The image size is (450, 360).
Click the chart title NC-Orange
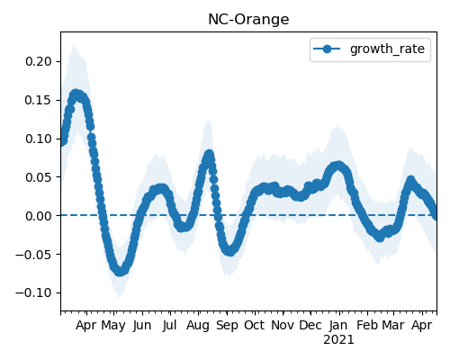point(248,20)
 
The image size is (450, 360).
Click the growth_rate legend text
point(387,49)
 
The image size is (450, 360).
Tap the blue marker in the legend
point(327,49)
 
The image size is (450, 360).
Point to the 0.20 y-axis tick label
point(39,61)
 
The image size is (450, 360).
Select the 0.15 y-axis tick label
point(39,100)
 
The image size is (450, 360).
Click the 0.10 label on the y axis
point(39,139)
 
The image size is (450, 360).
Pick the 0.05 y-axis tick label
point(39,177)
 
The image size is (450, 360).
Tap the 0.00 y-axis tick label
point(39,216)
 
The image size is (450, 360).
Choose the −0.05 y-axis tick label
point(33,255)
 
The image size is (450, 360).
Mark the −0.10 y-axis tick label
point(33,292)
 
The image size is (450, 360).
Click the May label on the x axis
point(113,326)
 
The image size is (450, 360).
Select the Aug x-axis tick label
point(198,326)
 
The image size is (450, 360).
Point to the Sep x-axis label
point(227,326)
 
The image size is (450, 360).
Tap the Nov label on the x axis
point(283,325)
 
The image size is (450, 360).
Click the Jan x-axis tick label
point(338,325)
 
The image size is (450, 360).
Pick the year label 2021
point(338,340)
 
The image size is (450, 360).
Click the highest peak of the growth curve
point(76,94)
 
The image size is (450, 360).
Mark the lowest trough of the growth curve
point(120,271)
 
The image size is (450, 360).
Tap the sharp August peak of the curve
point(209,155)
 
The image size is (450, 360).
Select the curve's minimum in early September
point(229,251)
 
